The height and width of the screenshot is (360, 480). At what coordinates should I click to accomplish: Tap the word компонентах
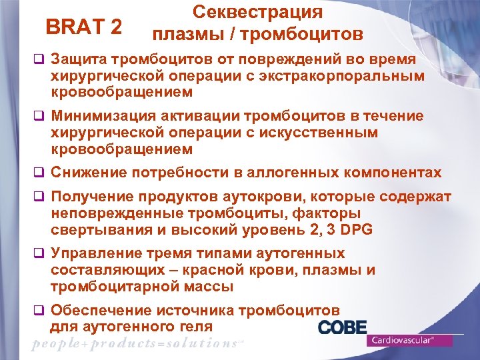click(x=394, y=173)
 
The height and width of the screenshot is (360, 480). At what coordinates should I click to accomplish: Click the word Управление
click(x=98, y=254)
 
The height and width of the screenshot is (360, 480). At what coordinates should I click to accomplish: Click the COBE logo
click(x=343, y=327)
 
